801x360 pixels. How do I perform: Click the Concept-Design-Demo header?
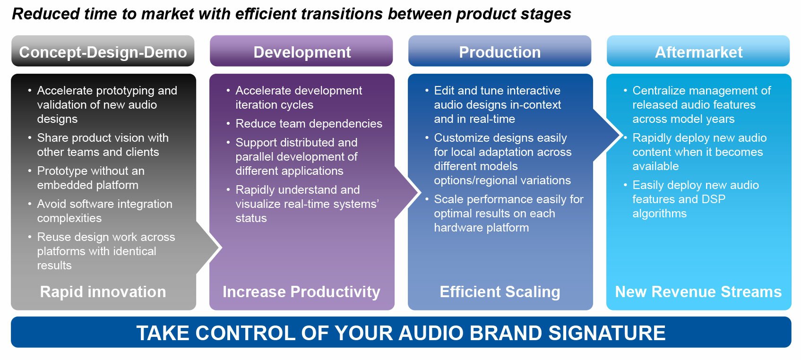103,51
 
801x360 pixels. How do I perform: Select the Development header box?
301,51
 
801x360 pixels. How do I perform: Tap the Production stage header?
500,51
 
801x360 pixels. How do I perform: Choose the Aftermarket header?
698,51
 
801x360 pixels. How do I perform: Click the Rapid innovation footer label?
103,291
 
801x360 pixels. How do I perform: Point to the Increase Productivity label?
301,291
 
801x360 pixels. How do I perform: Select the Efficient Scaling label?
500,291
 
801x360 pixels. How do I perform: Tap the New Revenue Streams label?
698,291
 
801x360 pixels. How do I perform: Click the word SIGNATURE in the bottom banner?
607,333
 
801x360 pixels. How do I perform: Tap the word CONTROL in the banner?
243,333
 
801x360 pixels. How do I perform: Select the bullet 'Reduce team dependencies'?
309,124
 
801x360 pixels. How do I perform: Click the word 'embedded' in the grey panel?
60,185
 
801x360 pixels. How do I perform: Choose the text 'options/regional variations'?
502,180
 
